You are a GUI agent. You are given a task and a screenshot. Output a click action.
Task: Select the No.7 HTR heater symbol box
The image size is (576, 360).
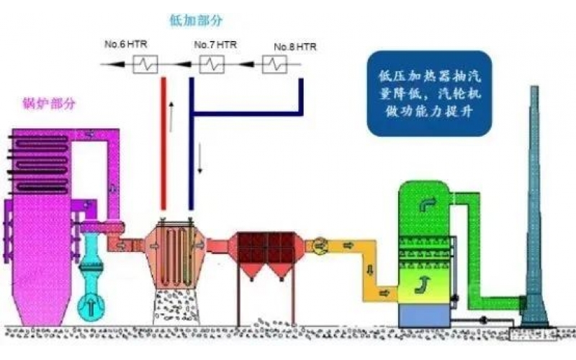point(212,64)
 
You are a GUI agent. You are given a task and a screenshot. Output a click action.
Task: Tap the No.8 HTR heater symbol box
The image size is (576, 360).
point(273,66)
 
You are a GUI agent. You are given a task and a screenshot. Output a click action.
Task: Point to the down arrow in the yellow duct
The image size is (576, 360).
point(369,271)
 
